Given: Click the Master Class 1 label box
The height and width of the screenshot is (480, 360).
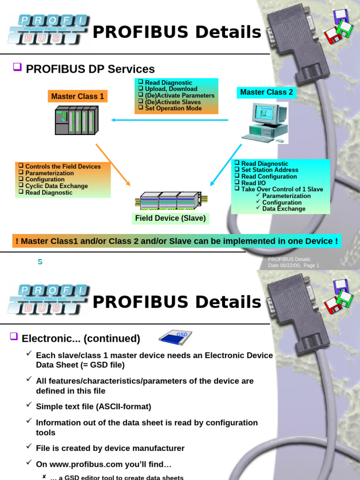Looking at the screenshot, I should [x=78, y=97].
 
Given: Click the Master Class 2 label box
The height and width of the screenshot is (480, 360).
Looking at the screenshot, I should [x=266, y=92].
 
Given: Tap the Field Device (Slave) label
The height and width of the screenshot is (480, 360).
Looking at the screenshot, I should [x=170, y=218].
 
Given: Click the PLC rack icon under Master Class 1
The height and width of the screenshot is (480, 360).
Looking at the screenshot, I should [x=76, y=121].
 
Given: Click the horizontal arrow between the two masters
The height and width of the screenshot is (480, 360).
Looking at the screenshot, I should [x=170, y=120].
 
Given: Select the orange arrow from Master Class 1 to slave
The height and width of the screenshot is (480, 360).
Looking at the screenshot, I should [x=112, y=165].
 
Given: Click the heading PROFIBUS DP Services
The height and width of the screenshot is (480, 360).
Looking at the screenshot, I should [x=90, y=69].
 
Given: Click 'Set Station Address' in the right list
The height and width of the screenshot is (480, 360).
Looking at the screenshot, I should [x=270, y=170].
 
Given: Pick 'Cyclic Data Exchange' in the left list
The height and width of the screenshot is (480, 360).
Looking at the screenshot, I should [x=56, y=186].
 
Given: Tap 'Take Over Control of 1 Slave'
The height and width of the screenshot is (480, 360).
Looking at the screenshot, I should [x=282, y=189].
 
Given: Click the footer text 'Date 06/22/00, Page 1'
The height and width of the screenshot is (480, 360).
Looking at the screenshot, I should [x=293, y=265].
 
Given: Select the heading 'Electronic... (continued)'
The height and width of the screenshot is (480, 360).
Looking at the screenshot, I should [x=81, y=338].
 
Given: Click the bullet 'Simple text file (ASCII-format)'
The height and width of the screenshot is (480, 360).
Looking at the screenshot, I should [x=93, y=406].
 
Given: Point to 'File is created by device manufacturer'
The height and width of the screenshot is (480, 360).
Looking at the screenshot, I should [x=110, y=448].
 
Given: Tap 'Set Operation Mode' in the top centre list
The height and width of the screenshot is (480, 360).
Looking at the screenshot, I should [x=173, y=108].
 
